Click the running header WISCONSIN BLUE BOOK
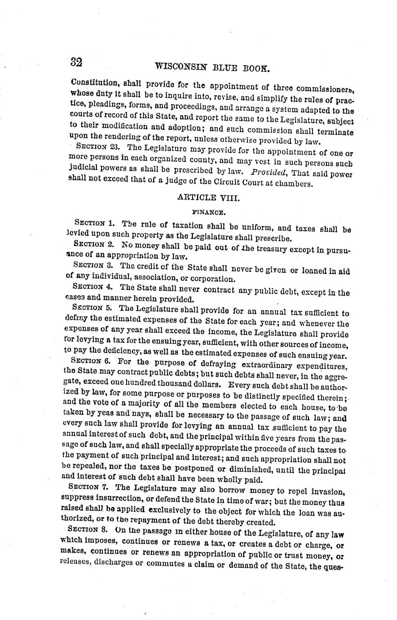click(212, 69)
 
